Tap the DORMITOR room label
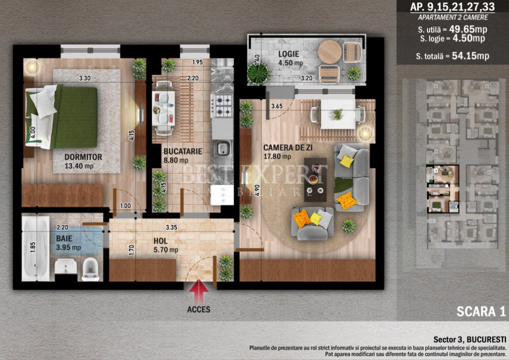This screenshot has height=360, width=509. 83,157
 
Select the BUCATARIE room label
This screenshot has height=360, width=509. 183,151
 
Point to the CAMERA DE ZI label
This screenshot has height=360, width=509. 288,148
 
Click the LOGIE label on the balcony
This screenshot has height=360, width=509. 289,54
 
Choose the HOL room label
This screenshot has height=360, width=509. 161,241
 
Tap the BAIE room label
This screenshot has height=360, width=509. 64,238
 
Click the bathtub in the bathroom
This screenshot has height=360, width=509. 35,248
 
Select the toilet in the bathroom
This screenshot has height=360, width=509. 90,269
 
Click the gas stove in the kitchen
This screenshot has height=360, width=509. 222,105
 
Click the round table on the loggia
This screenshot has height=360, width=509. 330,52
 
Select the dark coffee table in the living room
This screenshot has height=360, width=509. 315,180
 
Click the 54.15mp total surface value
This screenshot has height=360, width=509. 470,56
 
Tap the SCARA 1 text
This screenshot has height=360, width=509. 481,311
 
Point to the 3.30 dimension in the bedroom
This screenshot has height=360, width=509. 85,78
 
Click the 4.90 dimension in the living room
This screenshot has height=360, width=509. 257,190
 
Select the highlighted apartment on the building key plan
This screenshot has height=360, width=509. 442,188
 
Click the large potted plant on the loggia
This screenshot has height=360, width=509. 258,74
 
